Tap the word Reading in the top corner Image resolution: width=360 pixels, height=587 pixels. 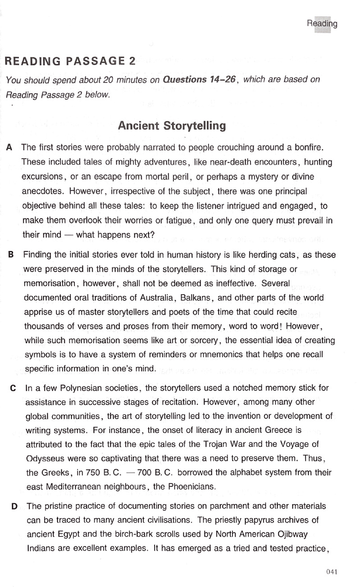pyautogui.click(x=322, y=23)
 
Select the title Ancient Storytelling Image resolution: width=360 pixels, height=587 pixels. pyautogui.click(x=172, y=126)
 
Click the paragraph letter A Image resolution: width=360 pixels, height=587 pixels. pyautogui.click(x=9, y=148)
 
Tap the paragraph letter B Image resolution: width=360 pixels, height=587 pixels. pyautogui.click(x=10, y=255)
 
